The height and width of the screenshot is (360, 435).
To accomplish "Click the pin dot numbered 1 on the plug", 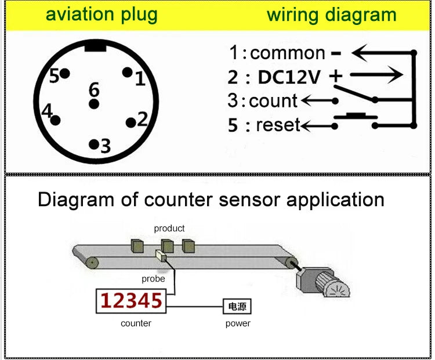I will (127, 73).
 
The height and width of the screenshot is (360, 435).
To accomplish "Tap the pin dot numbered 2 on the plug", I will (130, 121).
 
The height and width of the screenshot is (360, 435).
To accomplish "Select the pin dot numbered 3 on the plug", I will (93, 143).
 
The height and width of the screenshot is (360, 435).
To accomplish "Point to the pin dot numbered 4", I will (56, 120).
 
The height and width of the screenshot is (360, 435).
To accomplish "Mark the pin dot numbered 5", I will (65, 74).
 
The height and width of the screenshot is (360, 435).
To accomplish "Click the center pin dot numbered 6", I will (93, 104).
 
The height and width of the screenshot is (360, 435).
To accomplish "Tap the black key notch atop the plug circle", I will (95, 46).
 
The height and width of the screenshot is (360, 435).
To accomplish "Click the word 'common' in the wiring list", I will (288, 53).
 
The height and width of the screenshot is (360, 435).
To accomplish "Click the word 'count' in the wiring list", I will (273, 100).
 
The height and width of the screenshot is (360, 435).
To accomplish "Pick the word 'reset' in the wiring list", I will (278, 124).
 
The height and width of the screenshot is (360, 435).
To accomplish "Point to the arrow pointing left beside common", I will (380, 54).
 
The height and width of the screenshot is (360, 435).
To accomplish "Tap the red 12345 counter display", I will (130, 301).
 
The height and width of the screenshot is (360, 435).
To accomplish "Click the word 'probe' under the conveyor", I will (153, 279).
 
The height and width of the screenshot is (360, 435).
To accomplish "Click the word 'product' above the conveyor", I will (169, 228).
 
